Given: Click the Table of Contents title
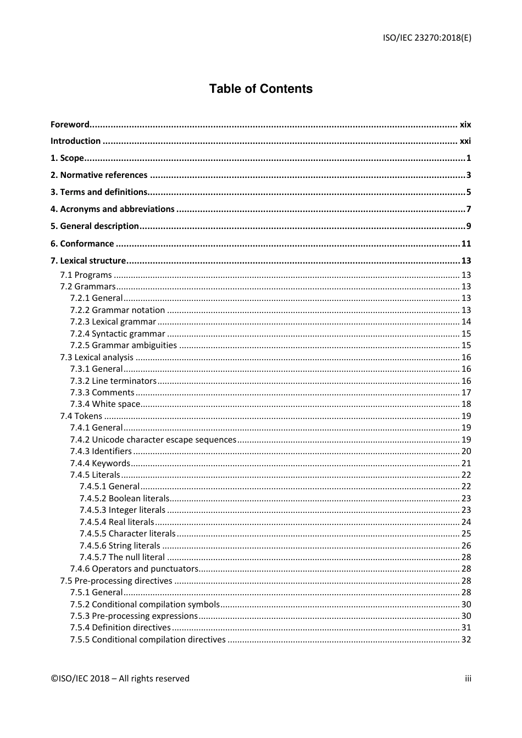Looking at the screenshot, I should click(x=260, y=89).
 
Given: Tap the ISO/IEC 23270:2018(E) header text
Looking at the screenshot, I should click(x=427, y=38).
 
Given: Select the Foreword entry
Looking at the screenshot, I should click(x=70, y=125).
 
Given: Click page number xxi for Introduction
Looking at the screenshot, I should click(x=465, y=141).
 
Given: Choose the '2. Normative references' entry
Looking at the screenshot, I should click(x=99, y=175).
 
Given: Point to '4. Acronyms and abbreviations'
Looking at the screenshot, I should click(x=112, y=209).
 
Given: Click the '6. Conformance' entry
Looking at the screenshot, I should click(x=82, y=244).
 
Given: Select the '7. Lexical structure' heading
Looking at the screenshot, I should click(x=88, y=261).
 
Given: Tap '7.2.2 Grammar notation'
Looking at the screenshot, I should click(x=117, y=310).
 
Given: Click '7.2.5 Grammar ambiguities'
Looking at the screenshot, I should click(x=123, y=345).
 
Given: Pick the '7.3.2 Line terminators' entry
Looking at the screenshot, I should click(x=113, y=381).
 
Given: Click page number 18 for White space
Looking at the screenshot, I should click(x=466, y=404).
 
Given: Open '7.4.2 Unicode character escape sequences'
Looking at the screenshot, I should click(x=153, y=440).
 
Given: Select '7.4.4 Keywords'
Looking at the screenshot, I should click(x=100, y=463).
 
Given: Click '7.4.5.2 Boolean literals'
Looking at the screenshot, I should click(x=124, y=499).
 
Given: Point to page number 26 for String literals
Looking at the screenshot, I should click(x=466, y=546).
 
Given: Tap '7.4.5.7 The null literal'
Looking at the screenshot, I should click(x=122, y=557).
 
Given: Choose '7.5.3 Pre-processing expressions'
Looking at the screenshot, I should click(x=134, y=616).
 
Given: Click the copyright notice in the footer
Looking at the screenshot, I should click(x=120, y=679).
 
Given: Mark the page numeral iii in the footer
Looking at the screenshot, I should click(x=468, y=679).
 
